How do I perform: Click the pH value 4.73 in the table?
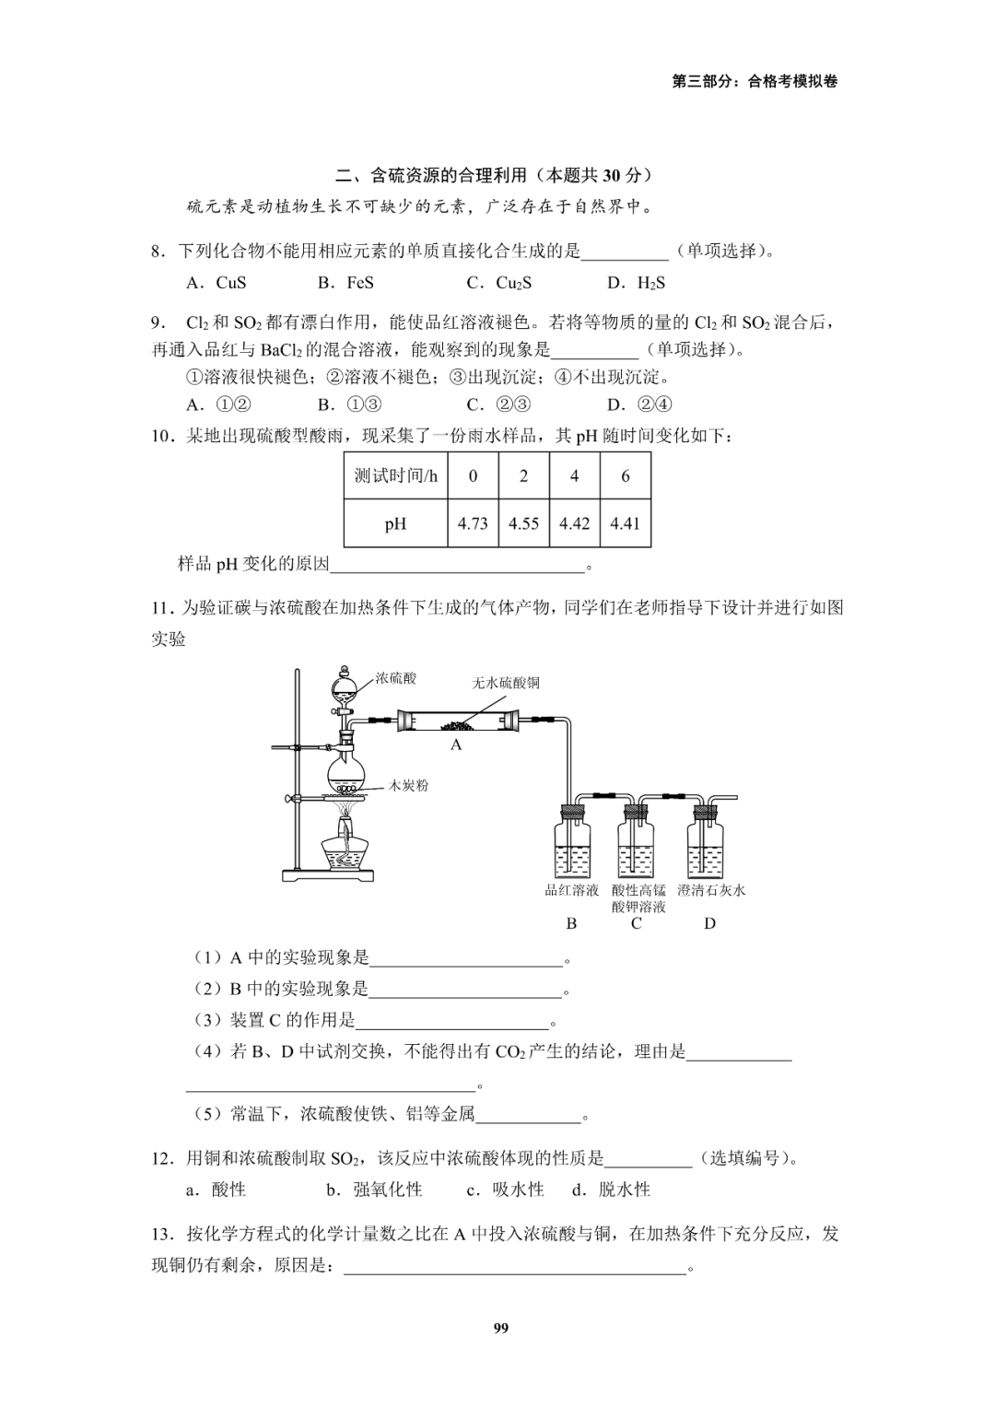point(473,523)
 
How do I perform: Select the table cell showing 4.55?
point(523,523)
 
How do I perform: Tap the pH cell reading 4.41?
point(625,523)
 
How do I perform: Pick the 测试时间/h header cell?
point(396,475)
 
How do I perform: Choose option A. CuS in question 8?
point(217,283)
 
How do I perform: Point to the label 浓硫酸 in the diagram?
point(396,678)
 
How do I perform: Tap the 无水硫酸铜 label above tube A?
point(506,683)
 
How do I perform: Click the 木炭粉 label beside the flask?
point(408,786)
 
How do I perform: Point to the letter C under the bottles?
point(637,923)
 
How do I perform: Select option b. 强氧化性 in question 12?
point(374,1190)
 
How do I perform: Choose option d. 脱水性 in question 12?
point(611,1190)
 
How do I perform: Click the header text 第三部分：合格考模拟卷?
point(755,81)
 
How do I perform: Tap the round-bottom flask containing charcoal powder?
point(346,770)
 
